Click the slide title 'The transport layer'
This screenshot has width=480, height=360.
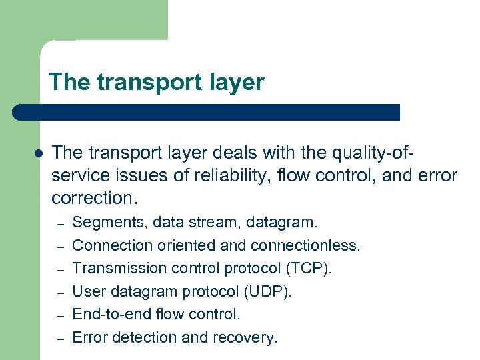pos(157,83)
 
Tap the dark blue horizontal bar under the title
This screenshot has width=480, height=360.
pos(207,112)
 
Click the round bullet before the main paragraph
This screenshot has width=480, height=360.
pos(39,153)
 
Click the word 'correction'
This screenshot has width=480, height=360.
pos(91,199)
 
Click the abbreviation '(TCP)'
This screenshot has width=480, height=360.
pos(308,268)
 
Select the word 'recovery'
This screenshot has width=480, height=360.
pos(243,337)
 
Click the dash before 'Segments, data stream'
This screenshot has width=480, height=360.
pos(59,223)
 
